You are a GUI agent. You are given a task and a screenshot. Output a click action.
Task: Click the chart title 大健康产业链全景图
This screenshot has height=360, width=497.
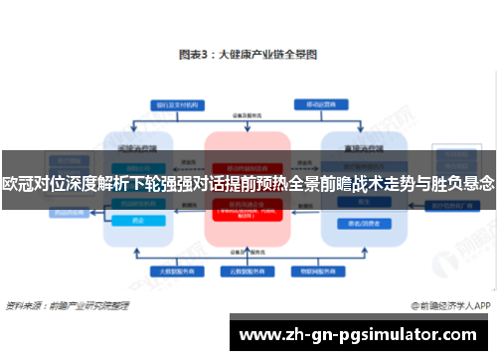point(267,55)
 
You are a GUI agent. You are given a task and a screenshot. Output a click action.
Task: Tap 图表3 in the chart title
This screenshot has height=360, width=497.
point(193,55)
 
